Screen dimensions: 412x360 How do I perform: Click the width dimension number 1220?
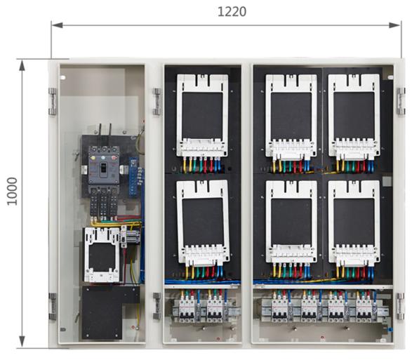(232, 11)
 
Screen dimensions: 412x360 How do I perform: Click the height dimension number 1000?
(12, 191)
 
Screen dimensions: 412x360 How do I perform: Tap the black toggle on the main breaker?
(103, 168)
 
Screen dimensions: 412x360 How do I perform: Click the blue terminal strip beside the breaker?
(133, 177)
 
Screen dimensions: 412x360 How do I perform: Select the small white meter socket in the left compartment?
(102, 255)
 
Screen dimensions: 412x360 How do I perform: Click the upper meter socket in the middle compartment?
(202, 115)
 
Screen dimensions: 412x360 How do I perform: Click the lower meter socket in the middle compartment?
(203, 221)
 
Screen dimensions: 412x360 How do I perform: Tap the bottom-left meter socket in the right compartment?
(291, 221)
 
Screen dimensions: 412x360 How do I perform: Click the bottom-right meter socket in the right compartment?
(354, 221)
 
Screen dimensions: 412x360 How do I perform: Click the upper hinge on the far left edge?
(53, 102)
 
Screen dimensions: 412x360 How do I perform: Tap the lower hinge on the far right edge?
(401, 307)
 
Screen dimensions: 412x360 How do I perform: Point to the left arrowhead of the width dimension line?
(57, 25)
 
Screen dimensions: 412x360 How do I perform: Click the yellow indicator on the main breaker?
(93, 158)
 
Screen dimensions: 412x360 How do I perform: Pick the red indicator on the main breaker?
(114, 158)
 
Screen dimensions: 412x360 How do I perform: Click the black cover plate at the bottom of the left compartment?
(105, 312)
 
